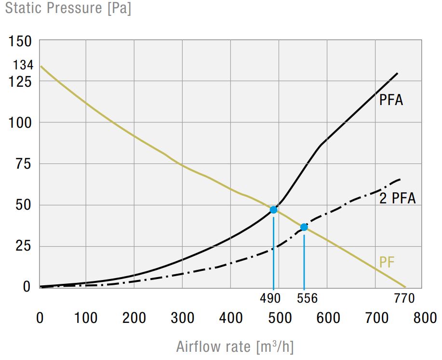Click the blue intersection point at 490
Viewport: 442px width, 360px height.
(x=274, y=210)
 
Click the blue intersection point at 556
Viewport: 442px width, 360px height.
(x=304, y=227)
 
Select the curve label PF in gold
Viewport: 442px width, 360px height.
(x=387, y=263)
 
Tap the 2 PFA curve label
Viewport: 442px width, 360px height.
(x=397, y=198)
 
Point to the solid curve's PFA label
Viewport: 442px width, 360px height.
(x=391, y=101)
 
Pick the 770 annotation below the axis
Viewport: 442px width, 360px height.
(x=404, y=299)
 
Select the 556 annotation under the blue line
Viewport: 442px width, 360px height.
(x=307, y=299)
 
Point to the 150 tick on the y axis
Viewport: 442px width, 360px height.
(x=21, y=42)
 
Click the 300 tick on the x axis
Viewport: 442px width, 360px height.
(x=183, y=318)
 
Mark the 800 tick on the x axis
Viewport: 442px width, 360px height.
(x=424, y=318)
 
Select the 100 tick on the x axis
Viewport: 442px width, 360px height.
(x=86, y=318)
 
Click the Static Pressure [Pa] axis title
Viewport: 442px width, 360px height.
(x=68, y=9)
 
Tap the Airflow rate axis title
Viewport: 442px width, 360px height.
(x=235, y=347)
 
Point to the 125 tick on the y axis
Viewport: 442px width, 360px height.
(x=21, y=82)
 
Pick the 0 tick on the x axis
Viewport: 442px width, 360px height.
(x=40, y=318)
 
